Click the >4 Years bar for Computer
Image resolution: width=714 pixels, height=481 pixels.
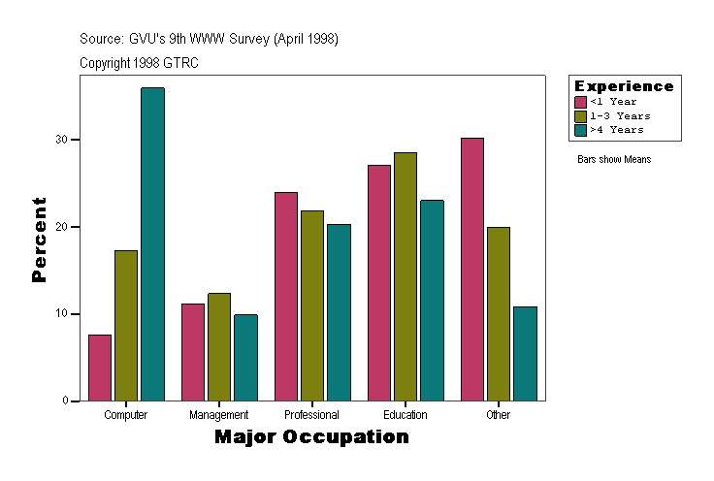tap(152, 244)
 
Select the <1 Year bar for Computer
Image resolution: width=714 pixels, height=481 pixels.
tap(100, 368)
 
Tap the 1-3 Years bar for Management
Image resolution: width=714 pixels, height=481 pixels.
tap(219, 346)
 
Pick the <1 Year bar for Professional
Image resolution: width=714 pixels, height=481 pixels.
tap(286, 296)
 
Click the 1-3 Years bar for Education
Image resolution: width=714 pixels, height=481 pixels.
tap(406, 276)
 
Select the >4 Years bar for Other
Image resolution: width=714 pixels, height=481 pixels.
tap(525, 353)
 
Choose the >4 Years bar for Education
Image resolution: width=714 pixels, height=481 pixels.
tap(432, 300)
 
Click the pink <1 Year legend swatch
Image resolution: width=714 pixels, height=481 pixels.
tap(580, 102)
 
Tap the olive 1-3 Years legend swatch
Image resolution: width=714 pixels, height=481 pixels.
tap(580, 115)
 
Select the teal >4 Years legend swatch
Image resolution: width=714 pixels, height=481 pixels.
tap(580, 129)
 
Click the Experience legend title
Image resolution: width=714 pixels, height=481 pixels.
tap(624, 86)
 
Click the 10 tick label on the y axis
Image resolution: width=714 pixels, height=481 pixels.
tap(62, 314)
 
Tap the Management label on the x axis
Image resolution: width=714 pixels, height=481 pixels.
tap(219, 415)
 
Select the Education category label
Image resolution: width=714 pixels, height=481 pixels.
tap(406, 415)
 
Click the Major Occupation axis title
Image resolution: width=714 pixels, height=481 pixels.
tap(311, 437)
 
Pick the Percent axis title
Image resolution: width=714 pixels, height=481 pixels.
tap(39, 240)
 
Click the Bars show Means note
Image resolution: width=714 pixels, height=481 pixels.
tap(614, 159)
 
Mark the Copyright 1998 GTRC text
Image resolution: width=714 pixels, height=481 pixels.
tap(140, 63)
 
